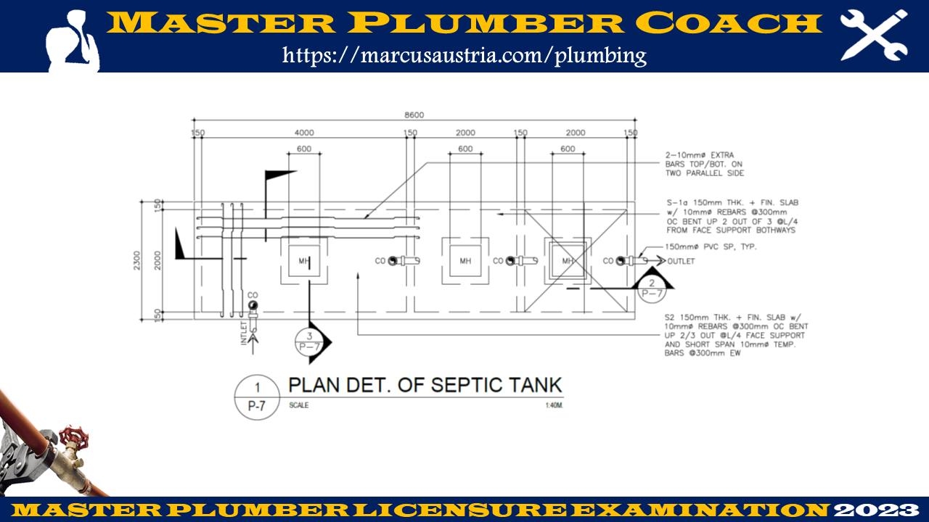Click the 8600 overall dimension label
414,115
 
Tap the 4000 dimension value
303,133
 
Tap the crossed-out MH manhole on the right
568,261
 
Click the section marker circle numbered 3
310,341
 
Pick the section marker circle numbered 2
651,288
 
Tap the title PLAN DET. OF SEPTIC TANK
425,385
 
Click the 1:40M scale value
554,405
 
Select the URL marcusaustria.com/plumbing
464,54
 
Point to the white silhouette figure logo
72,41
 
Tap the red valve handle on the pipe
71,436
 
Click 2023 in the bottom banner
876,510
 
